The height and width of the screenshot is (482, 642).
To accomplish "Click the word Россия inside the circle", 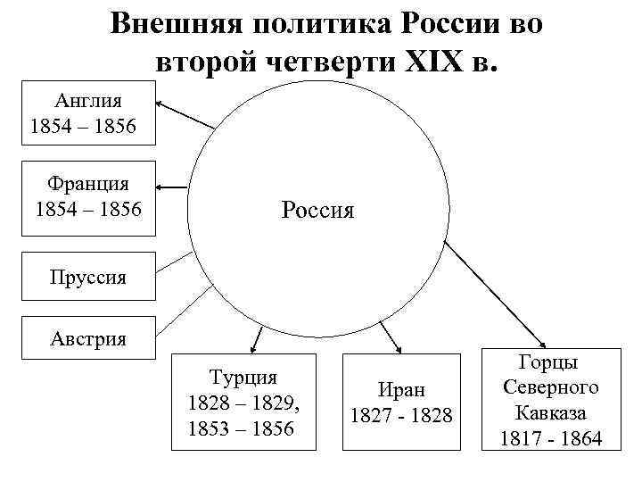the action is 317,211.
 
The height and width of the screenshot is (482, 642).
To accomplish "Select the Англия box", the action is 89,112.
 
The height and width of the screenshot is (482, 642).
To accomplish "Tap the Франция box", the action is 89,198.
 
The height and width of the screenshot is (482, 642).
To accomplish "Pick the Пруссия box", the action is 88,277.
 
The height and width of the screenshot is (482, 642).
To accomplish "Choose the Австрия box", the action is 88,337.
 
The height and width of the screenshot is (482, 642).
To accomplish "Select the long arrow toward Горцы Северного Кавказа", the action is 495,294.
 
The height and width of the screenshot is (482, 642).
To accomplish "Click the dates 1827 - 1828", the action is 401,415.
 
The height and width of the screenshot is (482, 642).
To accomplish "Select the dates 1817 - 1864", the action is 551,438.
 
